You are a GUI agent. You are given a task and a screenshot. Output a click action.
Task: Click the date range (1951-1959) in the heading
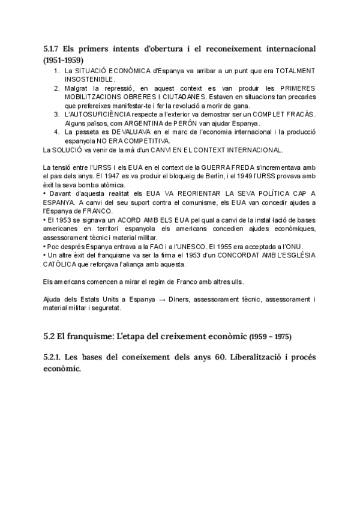pos(64,61)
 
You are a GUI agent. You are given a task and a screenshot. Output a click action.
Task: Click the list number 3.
pos(56,113)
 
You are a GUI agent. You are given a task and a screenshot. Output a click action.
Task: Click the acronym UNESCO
pos(206,246)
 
